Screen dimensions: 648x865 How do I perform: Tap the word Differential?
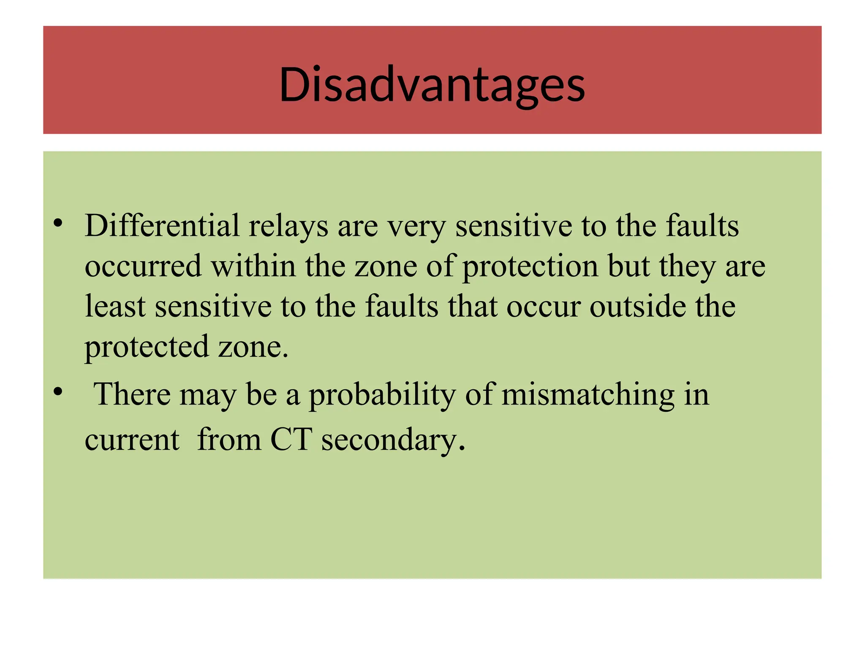click(162, 226)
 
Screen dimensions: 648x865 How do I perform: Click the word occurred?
click(143, 266)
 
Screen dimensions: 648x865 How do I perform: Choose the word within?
click(253, 266)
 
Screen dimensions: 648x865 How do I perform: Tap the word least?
click(115, 306)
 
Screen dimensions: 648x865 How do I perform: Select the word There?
click(131, 394)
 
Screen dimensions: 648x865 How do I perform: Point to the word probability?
click(382, 395)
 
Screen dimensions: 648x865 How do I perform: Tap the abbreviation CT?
click(291, 440)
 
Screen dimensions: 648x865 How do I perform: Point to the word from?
click(229, 440)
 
